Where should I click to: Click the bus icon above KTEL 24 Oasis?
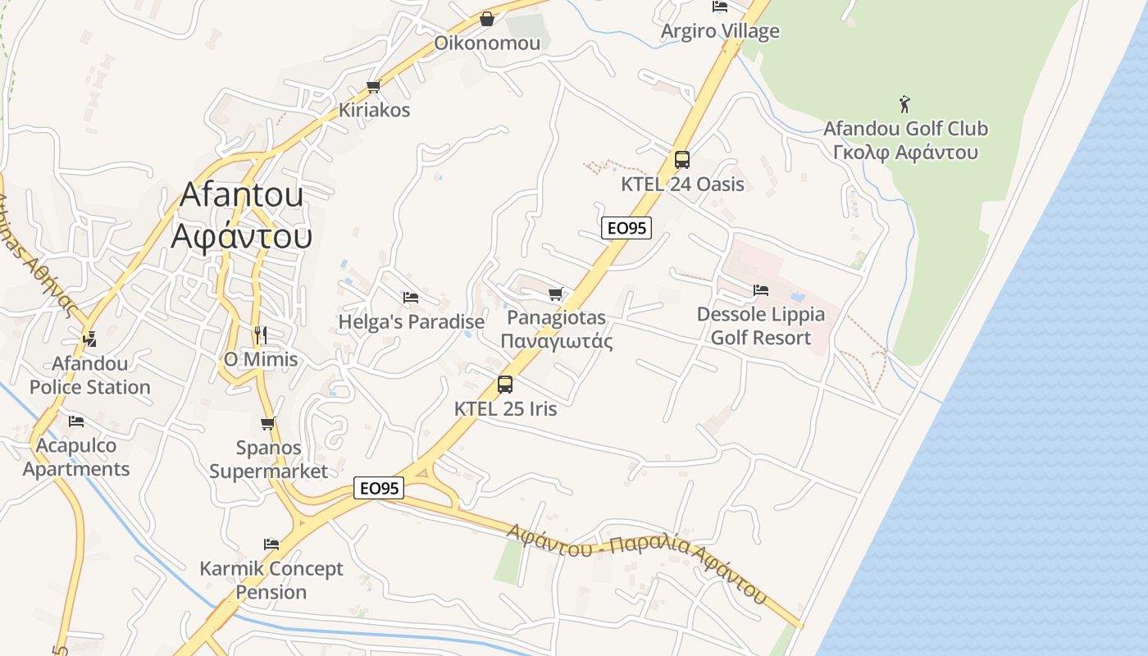pyautogui.click(x=681, y=160)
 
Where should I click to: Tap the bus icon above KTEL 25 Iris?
pyautogui.click(x=505, y=384)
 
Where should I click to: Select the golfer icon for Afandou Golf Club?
pyautogui.click(x=904, y=104)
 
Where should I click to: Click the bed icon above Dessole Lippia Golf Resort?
pyautogui.click(x=761, y=289)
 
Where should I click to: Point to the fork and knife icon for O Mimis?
pyautogui.click(x=261, y=335)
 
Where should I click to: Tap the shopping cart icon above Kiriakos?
pyautogui.click(x=374, y=86)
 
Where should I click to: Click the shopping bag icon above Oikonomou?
pyautogui.click(x=487, y=18)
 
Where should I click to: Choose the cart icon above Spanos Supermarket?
pyautogui.click(x=268, y=423)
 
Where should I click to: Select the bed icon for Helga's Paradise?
pyautogui.click(x=411, y=297)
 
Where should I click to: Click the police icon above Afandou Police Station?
pyautogui.click(x=89, y=338)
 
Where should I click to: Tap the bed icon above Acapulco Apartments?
pyautogui.click(x=76, y=421)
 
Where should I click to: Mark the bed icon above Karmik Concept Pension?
pyautogui.click(x=271, y=544)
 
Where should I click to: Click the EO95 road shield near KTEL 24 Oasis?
pyautogui.click(x=626, y=228)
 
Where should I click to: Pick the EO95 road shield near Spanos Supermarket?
pyautogui.click(x=380, y=488)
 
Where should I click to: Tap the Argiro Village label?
pyautogui.click(x=720, y=31)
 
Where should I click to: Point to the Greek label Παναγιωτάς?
pyautogui.click(x=556, y=341)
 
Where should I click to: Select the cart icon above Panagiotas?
pyautogui.click(x=556, y=293)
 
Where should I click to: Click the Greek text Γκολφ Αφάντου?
pyautogui.click(x=905, y=153)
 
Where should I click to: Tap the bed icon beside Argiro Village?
pyautogui.click(x=720, y=7)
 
